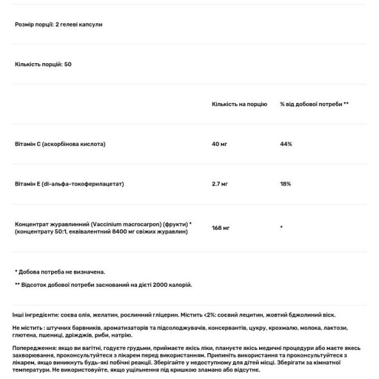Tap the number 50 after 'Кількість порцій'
click(68, 64)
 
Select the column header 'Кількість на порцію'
click(239, 104)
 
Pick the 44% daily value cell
click(286, 144)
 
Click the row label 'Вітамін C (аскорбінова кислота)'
click(60, 144)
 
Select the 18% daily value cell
click(286, 184)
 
